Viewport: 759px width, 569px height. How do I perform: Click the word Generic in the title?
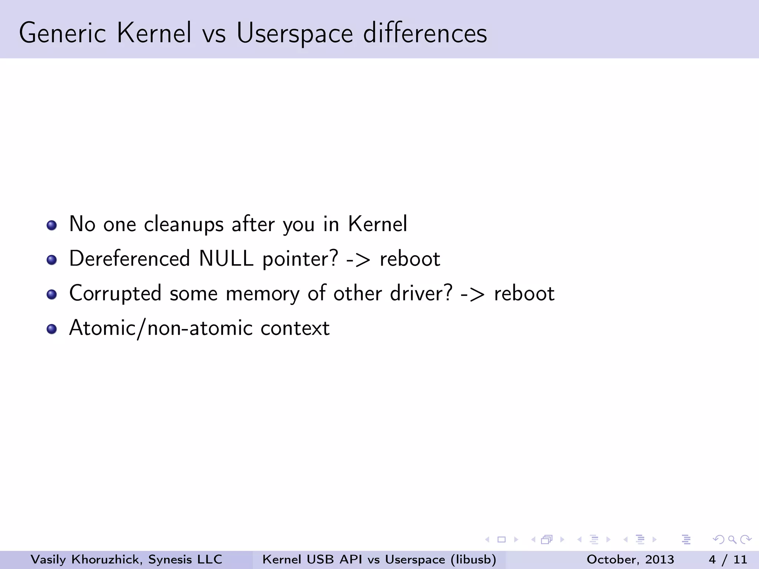coord(62,33)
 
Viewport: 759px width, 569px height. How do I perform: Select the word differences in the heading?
coord(425,33)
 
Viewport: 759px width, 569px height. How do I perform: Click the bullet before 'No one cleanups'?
coord(52,225)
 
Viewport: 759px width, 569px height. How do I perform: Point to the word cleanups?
coord(183,224)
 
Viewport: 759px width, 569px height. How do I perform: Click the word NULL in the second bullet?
coord(226,259)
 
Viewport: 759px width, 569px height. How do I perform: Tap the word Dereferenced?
coord(129,259)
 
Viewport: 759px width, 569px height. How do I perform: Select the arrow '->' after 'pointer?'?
coord(358,259)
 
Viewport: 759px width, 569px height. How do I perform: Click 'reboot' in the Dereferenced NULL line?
coord(410,259)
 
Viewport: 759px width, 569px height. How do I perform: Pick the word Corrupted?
coord(115,293)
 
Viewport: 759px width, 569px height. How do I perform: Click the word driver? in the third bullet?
coord(421,293)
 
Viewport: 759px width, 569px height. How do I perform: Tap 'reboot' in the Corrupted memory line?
coord(524,293)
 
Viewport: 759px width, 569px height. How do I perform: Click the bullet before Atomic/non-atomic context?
coord(52,329)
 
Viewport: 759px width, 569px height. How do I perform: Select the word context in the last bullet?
coord(295,328)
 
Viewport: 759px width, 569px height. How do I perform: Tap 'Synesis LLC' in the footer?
coord(185,559)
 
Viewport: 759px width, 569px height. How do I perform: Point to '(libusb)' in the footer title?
coord(473,559)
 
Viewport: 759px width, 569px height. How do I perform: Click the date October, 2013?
coord(630,559)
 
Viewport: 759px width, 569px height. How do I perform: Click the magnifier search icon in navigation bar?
coord(732,539)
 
